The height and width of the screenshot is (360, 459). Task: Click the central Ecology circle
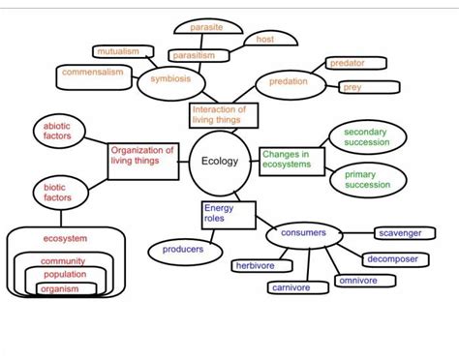218,161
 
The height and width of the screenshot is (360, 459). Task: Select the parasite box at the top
205,27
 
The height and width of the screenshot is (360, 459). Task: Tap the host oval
265,40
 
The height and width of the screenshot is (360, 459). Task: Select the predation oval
288,83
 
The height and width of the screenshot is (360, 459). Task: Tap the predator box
347,63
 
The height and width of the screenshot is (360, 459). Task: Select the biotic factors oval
57,191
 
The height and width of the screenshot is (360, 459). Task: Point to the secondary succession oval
365,137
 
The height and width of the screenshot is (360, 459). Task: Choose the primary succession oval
366,180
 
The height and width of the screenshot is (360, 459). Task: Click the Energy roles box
228,216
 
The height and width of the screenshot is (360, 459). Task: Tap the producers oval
182,251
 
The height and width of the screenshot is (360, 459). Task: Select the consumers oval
303,234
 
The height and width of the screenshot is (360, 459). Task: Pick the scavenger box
399,233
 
